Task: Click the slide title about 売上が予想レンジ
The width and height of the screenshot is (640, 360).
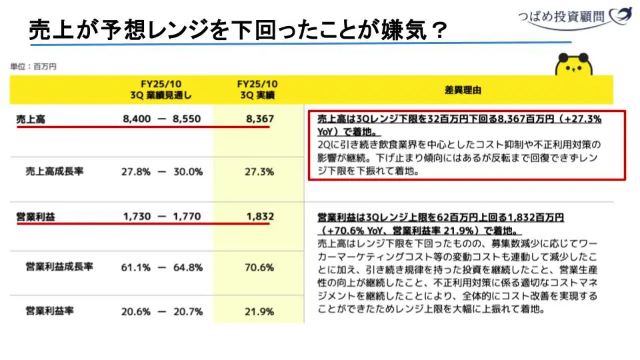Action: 237,29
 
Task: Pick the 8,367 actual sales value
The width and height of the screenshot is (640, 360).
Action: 259,119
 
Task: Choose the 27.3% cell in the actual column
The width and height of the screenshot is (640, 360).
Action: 259,171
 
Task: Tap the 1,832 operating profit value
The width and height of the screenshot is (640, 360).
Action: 259,217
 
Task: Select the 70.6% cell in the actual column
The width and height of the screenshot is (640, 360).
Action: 259,267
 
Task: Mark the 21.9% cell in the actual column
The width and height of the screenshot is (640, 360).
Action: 259,311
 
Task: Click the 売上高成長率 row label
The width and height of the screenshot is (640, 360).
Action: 55,171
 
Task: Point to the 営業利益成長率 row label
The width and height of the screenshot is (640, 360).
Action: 59,267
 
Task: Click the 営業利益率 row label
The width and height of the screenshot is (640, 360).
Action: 50,311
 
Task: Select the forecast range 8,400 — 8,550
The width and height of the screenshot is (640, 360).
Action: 162,119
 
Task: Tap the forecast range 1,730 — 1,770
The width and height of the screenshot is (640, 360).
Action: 162,217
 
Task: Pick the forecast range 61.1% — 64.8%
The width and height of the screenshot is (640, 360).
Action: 162,267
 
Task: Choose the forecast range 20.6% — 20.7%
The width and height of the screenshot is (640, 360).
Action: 162,311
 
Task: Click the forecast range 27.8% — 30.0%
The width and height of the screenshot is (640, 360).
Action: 162,171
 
